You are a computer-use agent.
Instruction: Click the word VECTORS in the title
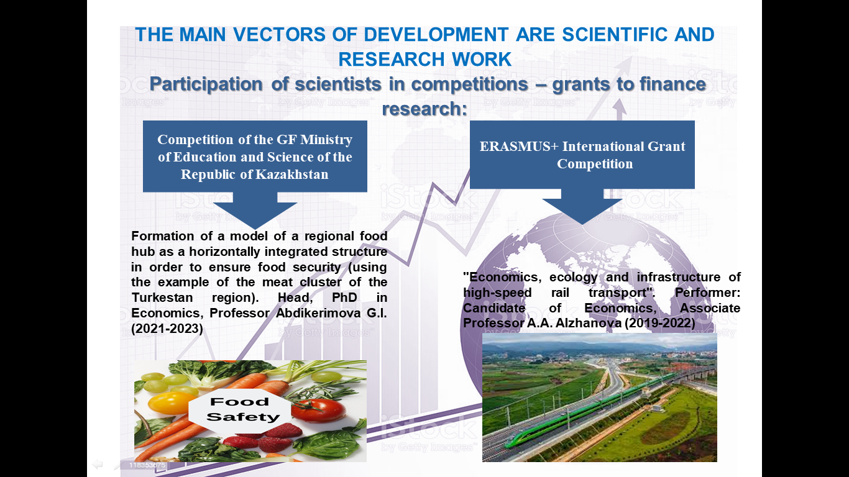[279, 35]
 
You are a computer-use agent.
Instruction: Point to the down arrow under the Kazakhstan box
[255, 211]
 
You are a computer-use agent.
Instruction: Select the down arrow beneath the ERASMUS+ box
[582, 206]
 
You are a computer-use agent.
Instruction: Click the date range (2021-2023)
[167, 329]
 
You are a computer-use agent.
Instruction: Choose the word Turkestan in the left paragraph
[162, 298]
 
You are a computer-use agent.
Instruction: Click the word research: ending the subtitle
[424, 109]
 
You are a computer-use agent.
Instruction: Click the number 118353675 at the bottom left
[147, 465]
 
